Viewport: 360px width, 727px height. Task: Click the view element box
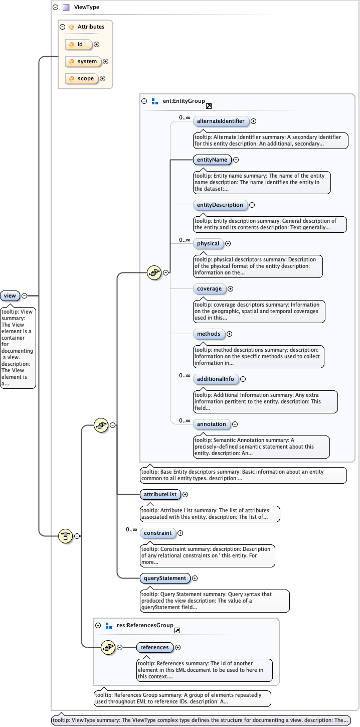pos(10,296)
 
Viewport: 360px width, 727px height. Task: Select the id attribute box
pos(79,45)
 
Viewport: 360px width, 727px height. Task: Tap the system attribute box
pos(83,62)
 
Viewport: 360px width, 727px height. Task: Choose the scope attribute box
pos(81,79)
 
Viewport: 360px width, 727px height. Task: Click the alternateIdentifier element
pos(221,121)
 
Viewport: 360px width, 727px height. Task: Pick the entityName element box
pos(212,160)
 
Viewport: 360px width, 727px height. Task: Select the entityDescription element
pos(220,205)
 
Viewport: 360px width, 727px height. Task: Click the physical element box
pos(208,244)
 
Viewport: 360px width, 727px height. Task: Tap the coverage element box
pos(209,289)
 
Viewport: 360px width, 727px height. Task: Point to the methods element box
pos(209,334)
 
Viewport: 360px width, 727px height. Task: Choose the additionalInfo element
pos(216,379)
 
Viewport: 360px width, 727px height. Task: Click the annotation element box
pos(211,424)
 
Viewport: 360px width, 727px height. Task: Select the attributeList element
pos(159,494)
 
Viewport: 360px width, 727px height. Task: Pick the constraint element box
pos(157,533)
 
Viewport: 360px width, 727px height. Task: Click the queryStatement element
pos(165,578)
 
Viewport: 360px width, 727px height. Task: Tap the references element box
pos(154,647)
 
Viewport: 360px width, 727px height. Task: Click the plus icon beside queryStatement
pos(195,578)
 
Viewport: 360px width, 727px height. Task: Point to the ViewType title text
pos(87,8)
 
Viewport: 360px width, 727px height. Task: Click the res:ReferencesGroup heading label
pos(145,626)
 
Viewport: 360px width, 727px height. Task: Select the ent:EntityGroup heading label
pos(184,101)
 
